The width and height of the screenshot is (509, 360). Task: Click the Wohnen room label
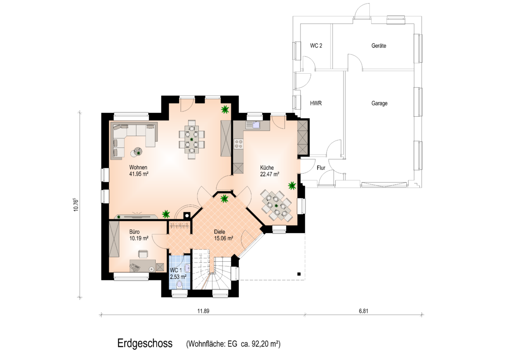pyautogui.click(x=138, y=167)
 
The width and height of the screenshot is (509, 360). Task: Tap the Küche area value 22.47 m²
pyautogui.click(x=270, y=174)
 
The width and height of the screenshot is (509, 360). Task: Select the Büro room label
pyautogui.click(x=134, y=232)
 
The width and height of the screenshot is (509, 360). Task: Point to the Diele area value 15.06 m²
pyautogui.click(x=224, y=238)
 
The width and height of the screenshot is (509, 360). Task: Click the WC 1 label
pyautogui.click(x=176, y=270)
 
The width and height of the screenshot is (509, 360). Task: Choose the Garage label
pyautogui.click(x=380, y=103)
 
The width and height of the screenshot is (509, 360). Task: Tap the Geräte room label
pyautogui.click(x=379, y=46)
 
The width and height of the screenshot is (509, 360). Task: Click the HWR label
pyautogui.click(x=316, y=103)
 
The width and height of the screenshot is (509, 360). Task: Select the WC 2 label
pyautogui.click(x=316, y=46)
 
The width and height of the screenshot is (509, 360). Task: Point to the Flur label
pyautogui.click(x=321, y=168)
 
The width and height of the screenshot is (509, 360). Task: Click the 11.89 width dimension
pyautogui.click(x=203, y=311)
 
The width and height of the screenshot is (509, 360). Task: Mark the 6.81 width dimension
pyautogui.click(x=364, y=311)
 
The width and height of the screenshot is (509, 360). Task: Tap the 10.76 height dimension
pyautogui.click(x=76, y=205)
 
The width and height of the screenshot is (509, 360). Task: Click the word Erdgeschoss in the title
pyautogui.click(x=145, y=343)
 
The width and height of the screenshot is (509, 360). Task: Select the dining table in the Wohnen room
pyautogui.click(x=192, y=139)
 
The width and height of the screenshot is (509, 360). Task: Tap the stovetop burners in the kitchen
pyautogui.click(x=239, y=144)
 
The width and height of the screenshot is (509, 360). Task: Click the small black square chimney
pyautogui.click(x=187, y=214)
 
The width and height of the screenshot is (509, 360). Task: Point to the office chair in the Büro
pyautogui.click(x=143, y=253)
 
